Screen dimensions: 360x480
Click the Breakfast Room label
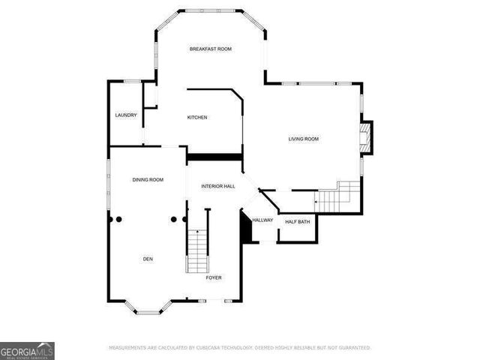[210, 49]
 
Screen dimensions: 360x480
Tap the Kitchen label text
[197, 118]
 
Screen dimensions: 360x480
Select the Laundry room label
[126, 115]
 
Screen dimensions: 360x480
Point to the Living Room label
[304, 139]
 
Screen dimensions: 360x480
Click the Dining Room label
[148, 180]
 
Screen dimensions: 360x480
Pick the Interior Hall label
[217, 186]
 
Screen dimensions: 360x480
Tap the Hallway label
[262, 220]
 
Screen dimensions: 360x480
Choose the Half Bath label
[298, 222]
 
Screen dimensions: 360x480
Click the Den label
[148, 259]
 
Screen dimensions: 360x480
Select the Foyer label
[214, 277]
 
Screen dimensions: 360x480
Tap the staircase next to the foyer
[196, 251]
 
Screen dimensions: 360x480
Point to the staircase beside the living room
[337, 196]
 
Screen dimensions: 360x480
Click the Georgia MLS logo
[27, 350]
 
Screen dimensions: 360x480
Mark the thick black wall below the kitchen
[215, 156]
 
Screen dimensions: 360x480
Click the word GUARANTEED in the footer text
[352, 348]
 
